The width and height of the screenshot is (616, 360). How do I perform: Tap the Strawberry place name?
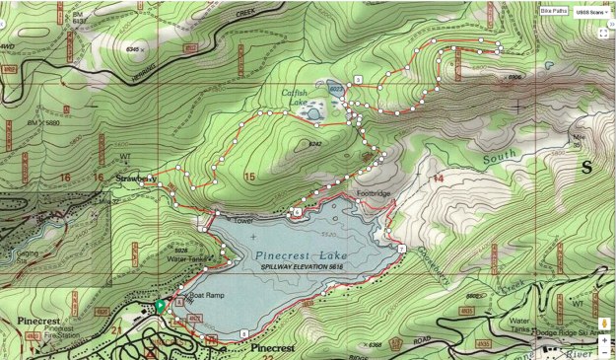pyautogui.click(x=137, y=178)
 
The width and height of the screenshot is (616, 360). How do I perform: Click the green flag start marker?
pyautogui.click(x=160, y=306)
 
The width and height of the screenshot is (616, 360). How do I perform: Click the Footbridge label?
pyautogui.click(x=375, y=193)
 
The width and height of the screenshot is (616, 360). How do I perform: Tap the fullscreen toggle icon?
pyautogui.click(x=603, y=33)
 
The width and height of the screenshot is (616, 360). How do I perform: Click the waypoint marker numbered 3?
pyautogui.click(x=359, y=78)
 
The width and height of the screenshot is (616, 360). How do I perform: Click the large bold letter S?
pyautogui.click(x=587, y=167)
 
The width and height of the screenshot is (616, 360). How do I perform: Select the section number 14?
pyautogui.click(x=437, y=178)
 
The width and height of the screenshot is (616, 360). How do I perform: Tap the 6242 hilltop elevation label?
pyautogui.click(x=315, y=144)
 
